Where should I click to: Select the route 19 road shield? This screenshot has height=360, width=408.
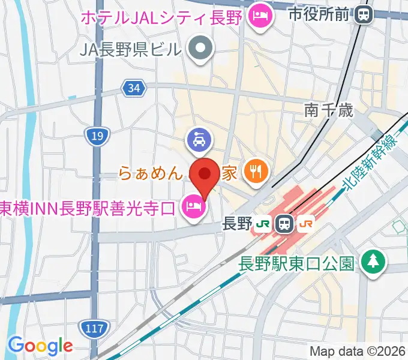96,137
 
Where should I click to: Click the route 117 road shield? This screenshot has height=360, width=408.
92,328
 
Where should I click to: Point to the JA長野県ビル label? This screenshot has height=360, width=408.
130,47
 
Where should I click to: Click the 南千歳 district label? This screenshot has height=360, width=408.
329,110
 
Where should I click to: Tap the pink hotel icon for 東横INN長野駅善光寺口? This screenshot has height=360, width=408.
193,208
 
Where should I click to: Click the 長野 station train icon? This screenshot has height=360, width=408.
284,225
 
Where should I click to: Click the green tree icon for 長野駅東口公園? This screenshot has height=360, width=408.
374,262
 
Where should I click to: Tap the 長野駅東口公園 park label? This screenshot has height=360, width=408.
299,262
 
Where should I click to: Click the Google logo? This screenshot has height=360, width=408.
40,345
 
